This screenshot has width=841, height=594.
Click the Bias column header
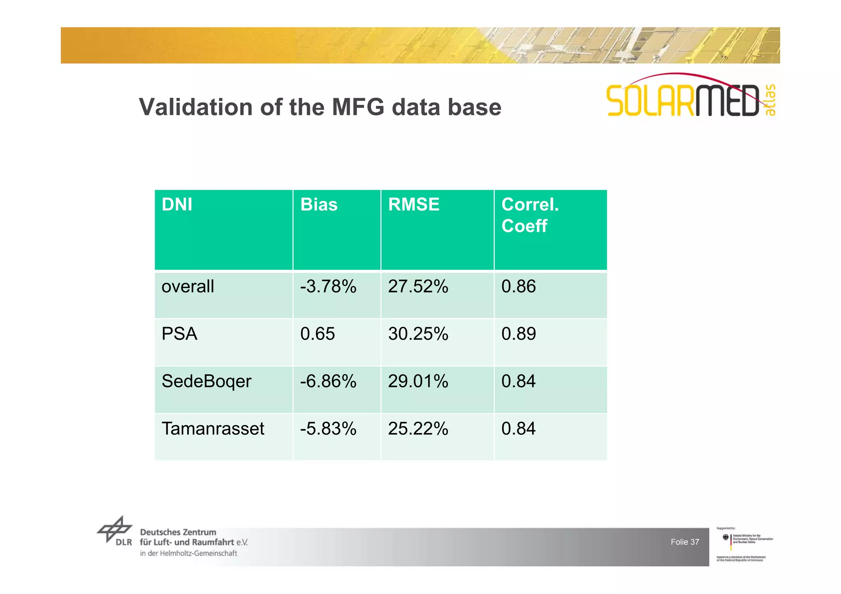point(319,205)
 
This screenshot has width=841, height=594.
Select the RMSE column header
point(414,205)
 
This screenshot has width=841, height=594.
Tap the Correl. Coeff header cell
point(530,215)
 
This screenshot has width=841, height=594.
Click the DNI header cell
point(177,205)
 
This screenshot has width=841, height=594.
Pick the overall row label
point(188,286)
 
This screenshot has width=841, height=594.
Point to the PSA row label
point(179,334)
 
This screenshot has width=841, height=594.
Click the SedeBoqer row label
point(206,382)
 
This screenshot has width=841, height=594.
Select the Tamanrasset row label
point(213,429)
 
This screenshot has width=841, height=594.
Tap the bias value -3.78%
point(328,286)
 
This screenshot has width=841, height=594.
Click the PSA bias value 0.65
point(317,334)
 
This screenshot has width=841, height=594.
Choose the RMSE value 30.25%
point(418,334)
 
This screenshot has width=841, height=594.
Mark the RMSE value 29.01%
point(418,382)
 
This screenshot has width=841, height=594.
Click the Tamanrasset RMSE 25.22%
point(418,429)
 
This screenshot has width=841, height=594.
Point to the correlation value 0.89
point(519,334)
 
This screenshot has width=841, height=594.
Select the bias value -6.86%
point(328,382)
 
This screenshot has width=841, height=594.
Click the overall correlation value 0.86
point(519,286)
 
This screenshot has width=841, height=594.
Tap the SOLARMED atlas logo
point(690,97)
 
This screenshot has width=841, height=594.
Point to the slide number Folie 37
point(685,542)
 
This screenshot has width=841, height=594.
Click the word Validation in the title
point(195,107)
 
